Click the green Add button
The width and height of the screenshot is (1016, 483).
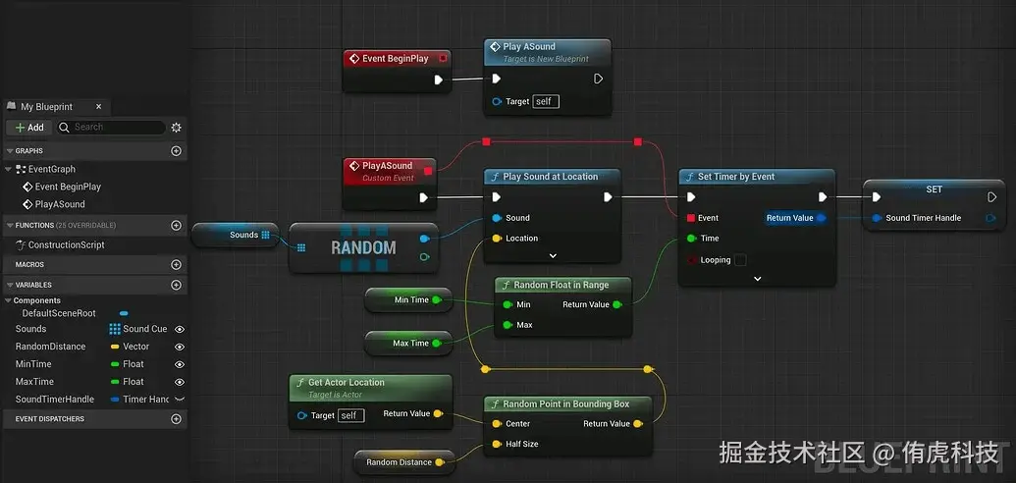coord(29,128)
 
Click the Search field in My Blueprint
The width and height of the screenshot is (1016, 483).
coord(110,128)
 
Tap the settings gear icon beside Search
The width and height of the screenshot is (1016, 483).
coord(177,128)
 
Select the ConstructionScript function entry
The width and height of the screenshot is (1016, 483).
coord(66,245)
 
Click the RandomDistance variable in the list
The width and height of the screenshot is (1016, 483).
coord(50,347)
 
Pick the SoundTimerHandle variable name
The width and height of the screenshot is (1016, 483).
coord(55,400)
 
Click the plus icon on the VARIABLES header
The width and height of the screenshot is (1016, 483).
coord(177,286)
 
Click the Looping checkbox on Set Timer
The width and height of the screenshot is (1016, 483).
coord(740,260)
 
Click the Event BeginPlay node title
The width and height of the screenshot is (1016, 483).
coord(395,59)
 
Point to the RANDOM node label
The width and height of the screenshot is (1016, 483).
coord(363,248)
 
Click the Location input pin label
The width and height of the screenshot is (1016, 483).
coord(521,239)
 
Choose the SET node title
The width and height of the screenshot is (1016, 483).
coord(934,189)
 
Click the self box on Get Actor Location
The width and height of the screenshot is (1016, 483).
coord(350,415)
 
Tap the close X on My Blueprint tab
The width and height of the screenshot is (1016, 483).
coord(98,107)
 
